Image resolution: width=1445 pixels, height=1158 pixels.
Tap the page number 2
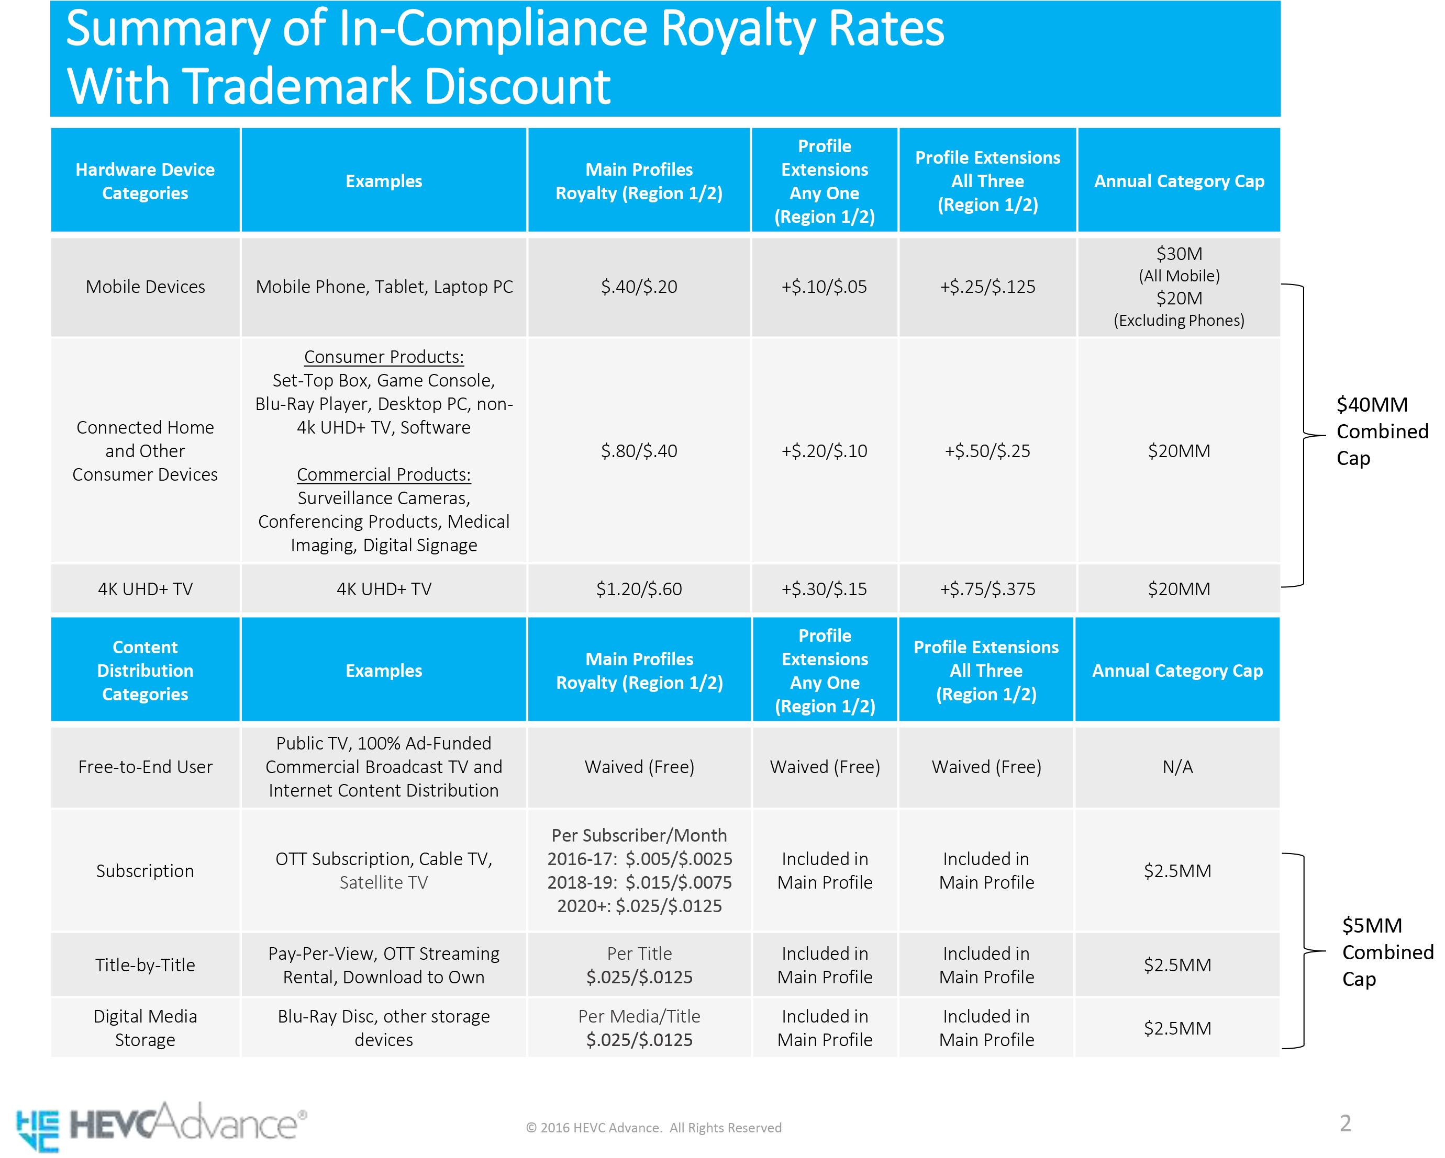(1344, 1123)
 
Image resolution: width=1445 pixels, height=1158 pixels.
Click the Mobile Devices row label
(146, 287)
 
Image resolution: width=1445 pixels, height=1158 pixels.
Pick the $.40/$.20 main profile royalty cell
(639, 287)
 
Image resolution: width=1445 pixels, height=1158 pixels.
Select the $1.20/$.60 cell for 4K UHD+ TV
(639, 589)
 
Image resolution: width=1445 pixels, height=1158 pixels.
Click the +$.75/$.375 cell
(987, 589)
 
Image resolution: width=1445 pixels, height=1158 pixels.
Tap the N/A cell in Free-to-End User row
(1177, 767)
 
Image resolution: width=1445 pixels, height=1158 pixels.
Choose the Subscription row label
(146, 871)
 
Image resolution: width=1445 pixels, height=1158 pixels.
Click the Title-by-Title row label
(146, 965)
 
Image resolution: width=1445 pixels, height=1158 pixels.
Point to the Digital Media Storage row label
(146, 1028)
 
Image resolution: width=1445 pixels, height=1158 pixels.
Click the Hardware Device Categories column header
(146, 181)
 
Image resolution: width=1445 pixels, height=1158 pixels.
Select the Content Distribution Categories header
(146, 671)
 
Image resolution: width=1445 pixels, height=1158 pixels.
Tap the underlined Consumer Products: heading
(384, 357)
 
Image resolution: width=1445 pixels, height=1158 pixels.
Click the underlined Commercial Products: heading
(384, 475)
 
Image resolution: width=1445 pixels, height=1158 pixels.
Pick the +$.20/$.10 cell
(825, 451)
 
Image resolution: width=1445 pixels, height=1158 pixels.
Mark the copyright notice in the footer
(653, 1128)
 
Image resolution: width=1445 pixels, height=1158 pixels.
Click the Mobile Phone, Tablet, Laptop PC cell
(384, 287)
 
